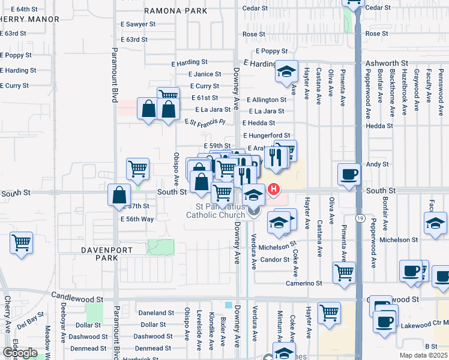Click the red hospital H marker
point(274,190)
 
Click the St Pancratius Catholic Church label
point(215,211)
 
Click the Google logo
point(20,352)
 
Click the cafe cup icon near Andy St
point(349,175)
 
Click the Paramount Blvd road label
point(113,76)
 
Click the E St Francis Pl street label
point(204,122)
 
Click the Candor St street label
point(275,260)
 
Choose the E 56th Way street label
point(137,219)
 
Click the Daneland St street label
point(156,313)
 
